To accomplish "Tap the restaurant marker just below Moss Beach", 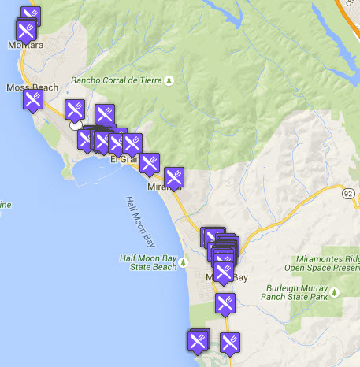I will pos(32,100).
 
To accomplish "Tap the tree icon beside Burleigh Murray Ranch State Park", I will pos(336,293).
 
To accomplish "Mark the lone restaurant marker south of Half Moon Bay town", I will pos(225,303).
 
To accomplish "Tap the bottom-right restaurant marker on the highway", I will pos(229,343).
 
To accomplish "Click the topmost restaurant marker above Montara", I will pos(31,16).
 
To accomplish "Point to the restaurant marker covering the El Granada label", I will pos(131,144).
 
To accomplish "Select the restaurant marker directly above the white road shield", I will pos(75,109).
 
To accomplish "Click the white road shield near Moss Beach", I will pos(76,124).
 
